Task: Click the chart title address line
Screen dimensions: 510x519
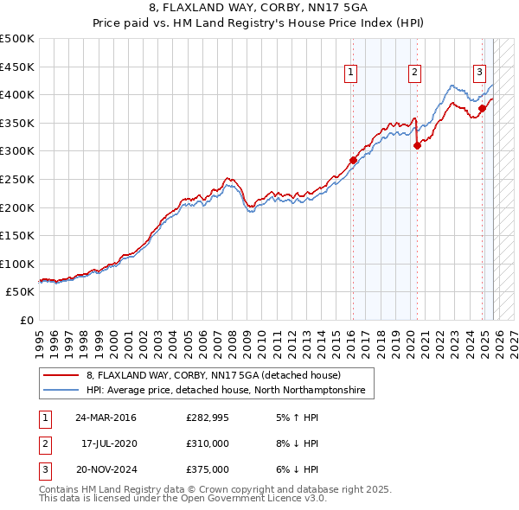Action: coord(259,8)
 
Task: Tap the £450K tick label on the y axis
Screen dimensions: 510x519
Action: coord(17,67)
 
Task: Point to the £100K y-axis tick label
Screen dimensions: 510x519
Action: coord(17,264)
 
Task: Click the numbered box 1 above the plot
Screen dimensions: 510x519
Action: coord(351,73)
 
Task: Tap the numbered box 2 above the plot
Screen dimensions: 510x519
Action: coord(415,73)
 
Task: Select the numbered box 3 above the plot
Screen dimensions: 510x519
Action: coord(478,73)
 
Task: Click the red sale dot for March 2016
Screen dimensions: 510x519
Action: coord(353,160)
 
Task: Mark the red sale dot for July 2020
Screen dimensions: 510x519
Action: coord(417,145)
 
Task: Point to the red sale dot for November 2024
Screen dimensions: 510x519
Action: coord(482,108)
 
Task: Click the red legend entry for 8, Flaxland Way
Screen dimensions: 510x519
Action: coord(213,375)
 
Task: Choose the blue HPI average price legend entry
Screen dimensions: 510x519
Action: coord(225,391)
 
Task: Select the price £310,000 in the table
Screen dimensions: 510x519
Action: coord(207,443)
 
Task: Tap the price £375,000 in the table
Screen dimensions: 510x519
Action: coord(207,469)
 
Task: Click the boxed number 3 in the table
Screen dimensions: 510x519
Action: coord(44,469)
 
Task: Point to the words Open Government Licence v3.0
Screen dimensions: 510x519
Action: coord(252,499)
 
